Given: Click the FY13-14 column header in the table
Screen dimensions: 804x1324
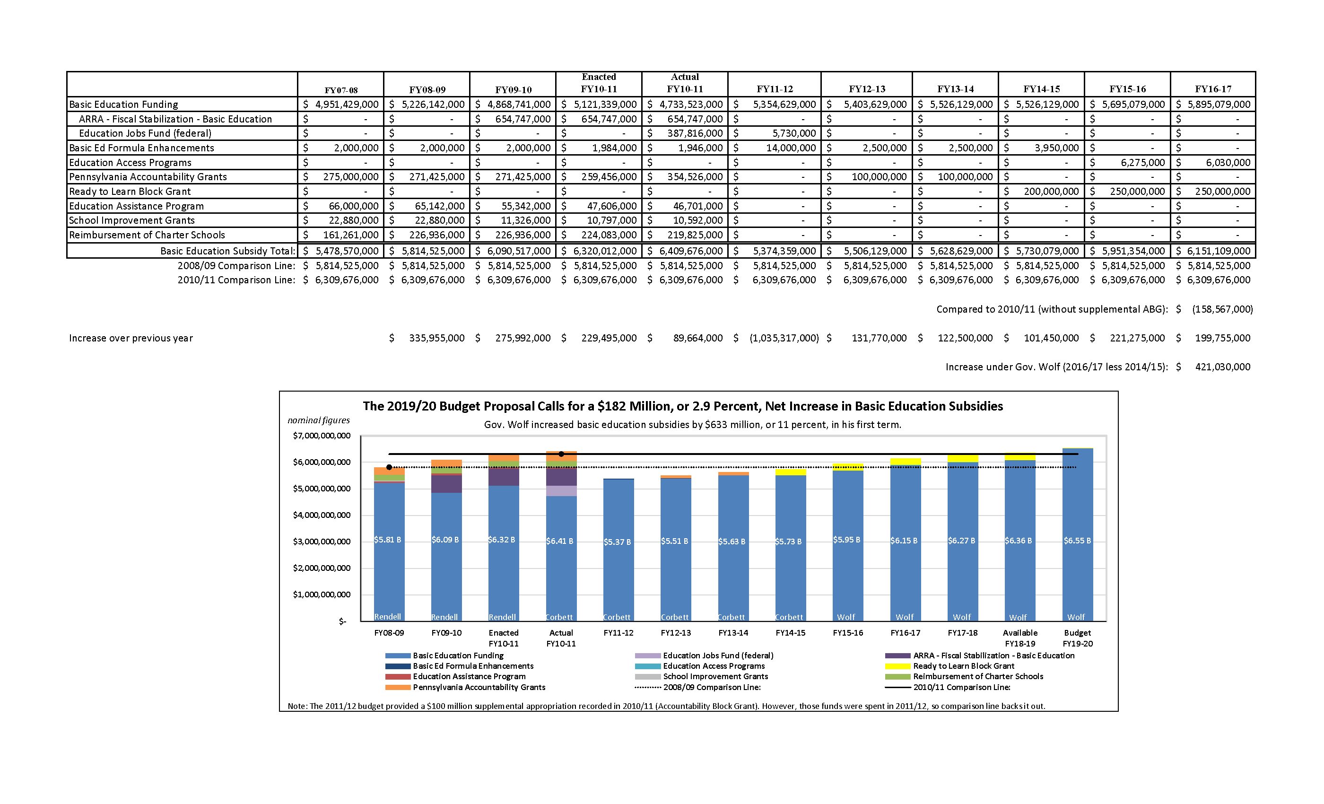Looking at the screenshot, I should [x=955, y=89].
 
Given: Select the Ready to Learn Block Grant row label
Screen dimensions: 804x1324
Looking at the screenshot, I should [x=130, y=192].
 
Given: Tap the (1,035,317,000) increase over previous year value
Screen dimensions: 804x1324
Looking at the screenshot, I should [x=784, y=338].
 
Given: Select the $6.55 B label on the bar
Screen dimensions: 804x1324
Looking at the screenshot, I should [x=1077, y=541].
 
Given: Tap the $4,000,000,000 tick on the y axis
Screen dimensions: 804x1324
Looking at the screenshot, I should [x=322, y=516].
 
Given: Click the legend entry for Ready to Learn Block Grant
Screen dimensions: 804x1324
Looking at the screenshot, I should [x=963, y=666].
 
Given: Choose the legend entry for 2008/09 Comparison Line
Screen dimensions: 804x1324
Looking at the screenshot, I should [x=711, y=687].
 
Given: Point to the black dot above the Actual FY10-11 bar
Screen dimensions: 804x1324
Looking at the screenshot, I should [x=561, y=454].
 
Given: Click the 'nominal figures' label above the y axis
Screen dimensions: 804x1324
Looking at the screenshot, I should [x=319, y=420].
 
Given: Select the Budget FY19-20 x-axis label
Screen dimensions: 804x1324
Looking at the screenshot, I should [x=1077, y=638].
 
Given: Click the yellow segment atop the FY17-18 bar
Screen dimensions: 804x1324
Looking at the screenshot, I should [x=962, y=458].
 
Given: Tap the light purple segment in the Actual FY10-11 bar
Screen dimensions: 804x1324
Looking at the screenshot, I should [x=561, y=491].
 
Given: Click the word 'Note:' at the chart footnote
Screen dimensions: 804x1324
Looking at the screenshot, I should [x=297, y=706].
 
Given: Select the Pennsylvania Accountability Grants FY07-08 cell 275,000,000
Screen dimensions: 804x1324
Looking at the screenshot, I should [x=350, y=177].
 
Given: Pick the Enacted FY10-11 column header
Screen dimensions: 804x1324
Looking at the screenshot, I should [x=599, y=83].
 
